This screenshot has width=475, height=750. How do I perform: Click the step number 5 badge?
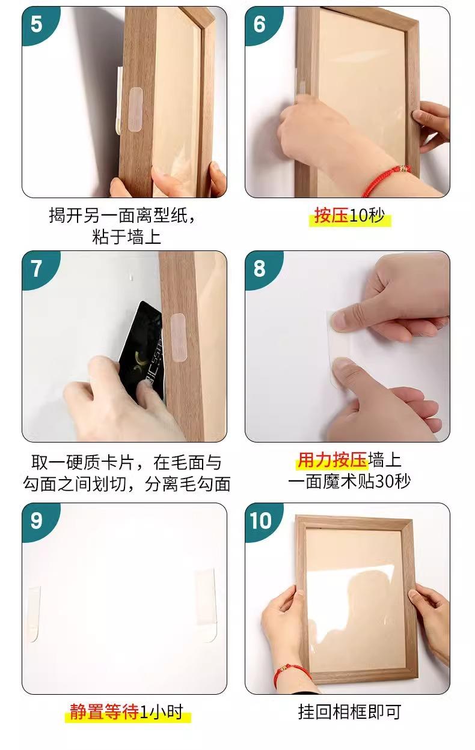37,24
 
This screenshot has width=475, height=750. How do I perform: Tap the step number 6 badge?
260,24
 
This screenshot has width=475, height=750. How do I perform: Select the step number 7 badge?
37,268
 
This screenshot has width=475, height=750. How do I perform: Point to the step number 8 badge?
260,268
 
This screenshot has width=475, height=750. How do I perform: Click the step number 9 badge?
37,521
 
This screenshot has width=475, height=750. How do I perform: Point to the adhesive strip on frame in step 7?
179,337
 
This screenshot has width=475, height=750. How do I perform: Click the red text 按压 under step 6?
331,216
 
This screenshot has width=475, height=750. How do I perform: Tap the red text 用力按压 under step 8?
332,460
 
